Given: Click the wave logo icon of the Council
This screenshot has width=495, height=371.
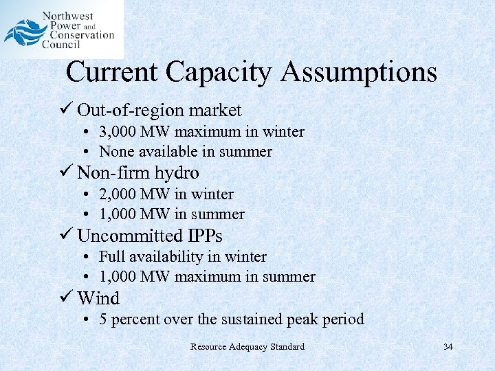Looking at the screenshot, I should pyautogui.click(x=22, y=32).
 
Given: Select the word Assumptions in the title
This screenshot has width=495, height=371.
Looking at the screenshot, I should pyautogui.click(x=358, y=71).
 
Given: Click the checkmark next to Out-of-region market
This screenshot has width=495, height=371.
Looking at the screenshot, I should pyautogui.click(x=66, y=110).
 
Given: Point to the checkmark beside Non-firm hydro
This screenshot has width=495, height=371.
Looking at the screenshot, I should pyautogui.click(x=66, y=172).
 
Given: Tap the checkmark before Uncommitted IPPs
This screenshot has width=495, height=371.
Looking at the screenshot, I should pyautogui.click(x=66, y=236).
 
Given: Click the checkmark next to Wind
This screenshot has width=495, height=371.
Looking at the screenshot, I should pyautogui.click(x=66, y=298).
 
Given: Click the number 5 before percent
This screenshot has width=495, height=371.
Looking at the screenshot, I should pyautogui.click(x=103, y=319).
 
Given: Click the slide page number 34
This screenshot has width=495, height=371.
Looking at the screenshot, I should pyautogui.click(x=448, y=346).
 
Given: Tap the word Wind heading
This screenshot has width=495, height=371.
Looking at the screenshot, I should pyautogui.click(x=98, y=298).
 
